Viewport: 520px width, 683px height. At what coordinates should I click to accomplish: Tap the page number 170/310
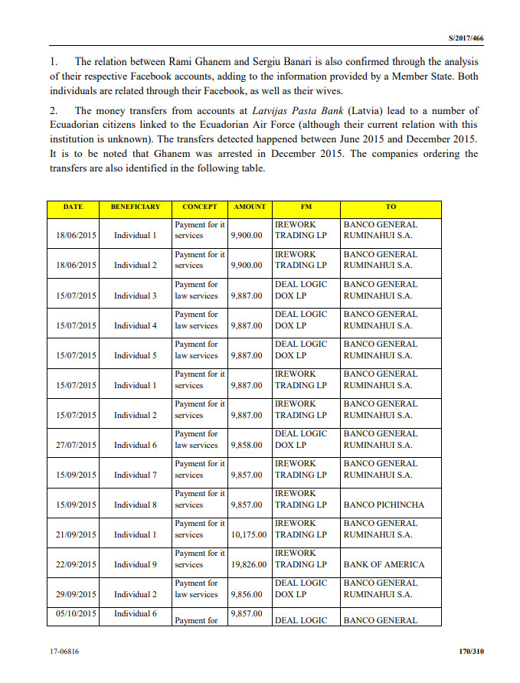(468, 652)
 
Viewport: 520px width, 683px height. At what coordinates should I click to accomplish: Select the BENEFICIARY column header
(136, 207)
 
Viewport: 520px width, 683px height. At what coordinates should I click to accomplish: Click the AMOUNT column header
(250, 207)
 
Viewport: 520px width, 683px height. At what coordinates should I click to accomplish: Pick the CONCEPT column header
(200, 207)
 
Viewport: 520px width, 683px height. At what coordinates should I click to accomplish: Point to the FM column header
(306, 207)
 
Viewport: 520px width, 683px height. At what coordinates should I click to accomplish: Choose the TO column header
(391, 207)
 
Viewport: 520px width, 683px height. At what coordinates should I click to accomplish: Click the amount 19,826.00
(249, 564)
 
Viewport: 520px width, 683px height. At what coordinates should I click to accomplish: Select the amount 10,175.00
(249, 534)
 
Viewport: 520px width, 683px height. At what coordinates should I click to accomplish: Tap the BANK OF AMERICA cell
(383, 564)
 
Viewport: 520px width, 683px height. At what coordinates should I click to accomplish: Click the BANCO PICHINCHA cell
(384, 505)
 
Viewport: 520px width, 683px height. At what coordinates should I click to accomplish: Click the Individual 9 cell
(136, 564)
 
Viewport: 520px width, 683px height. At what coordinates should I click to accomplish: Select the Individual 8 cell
(136, 505)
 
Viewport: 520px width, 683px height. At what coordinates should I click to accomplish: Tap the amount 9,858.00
(247, 445)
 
